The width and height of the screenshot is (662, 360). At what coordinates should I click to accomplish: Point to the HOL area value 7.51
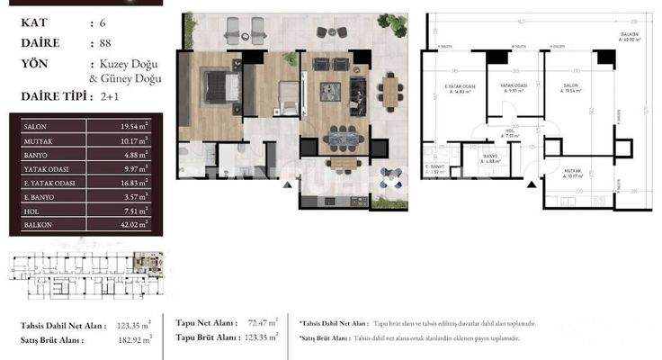[x=133, y=210]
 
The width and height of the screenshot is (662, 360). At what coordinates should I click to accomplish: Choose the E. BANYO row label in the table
[x=37, y=195]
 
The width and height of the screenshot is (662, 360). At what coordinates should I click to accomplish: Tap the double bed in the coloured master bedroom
[x=218, y=87]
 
